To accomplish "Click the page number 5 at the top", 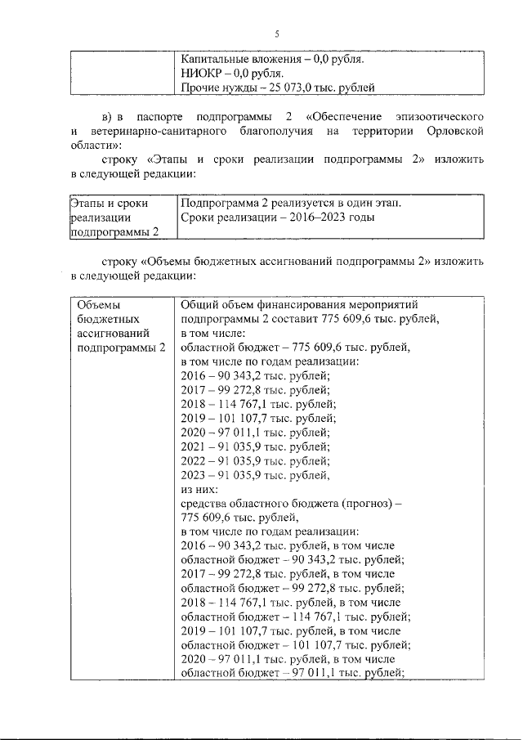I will pyautogui.click(x=276, y=34).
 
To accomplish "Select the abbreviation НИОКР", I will pyautogui.click(x=200, y=73).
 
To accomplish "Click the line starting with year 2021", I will pyautogui.click(x=255, y=446).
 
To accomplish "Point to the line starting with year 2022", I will pyautogui.click(x=255, y=460).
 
